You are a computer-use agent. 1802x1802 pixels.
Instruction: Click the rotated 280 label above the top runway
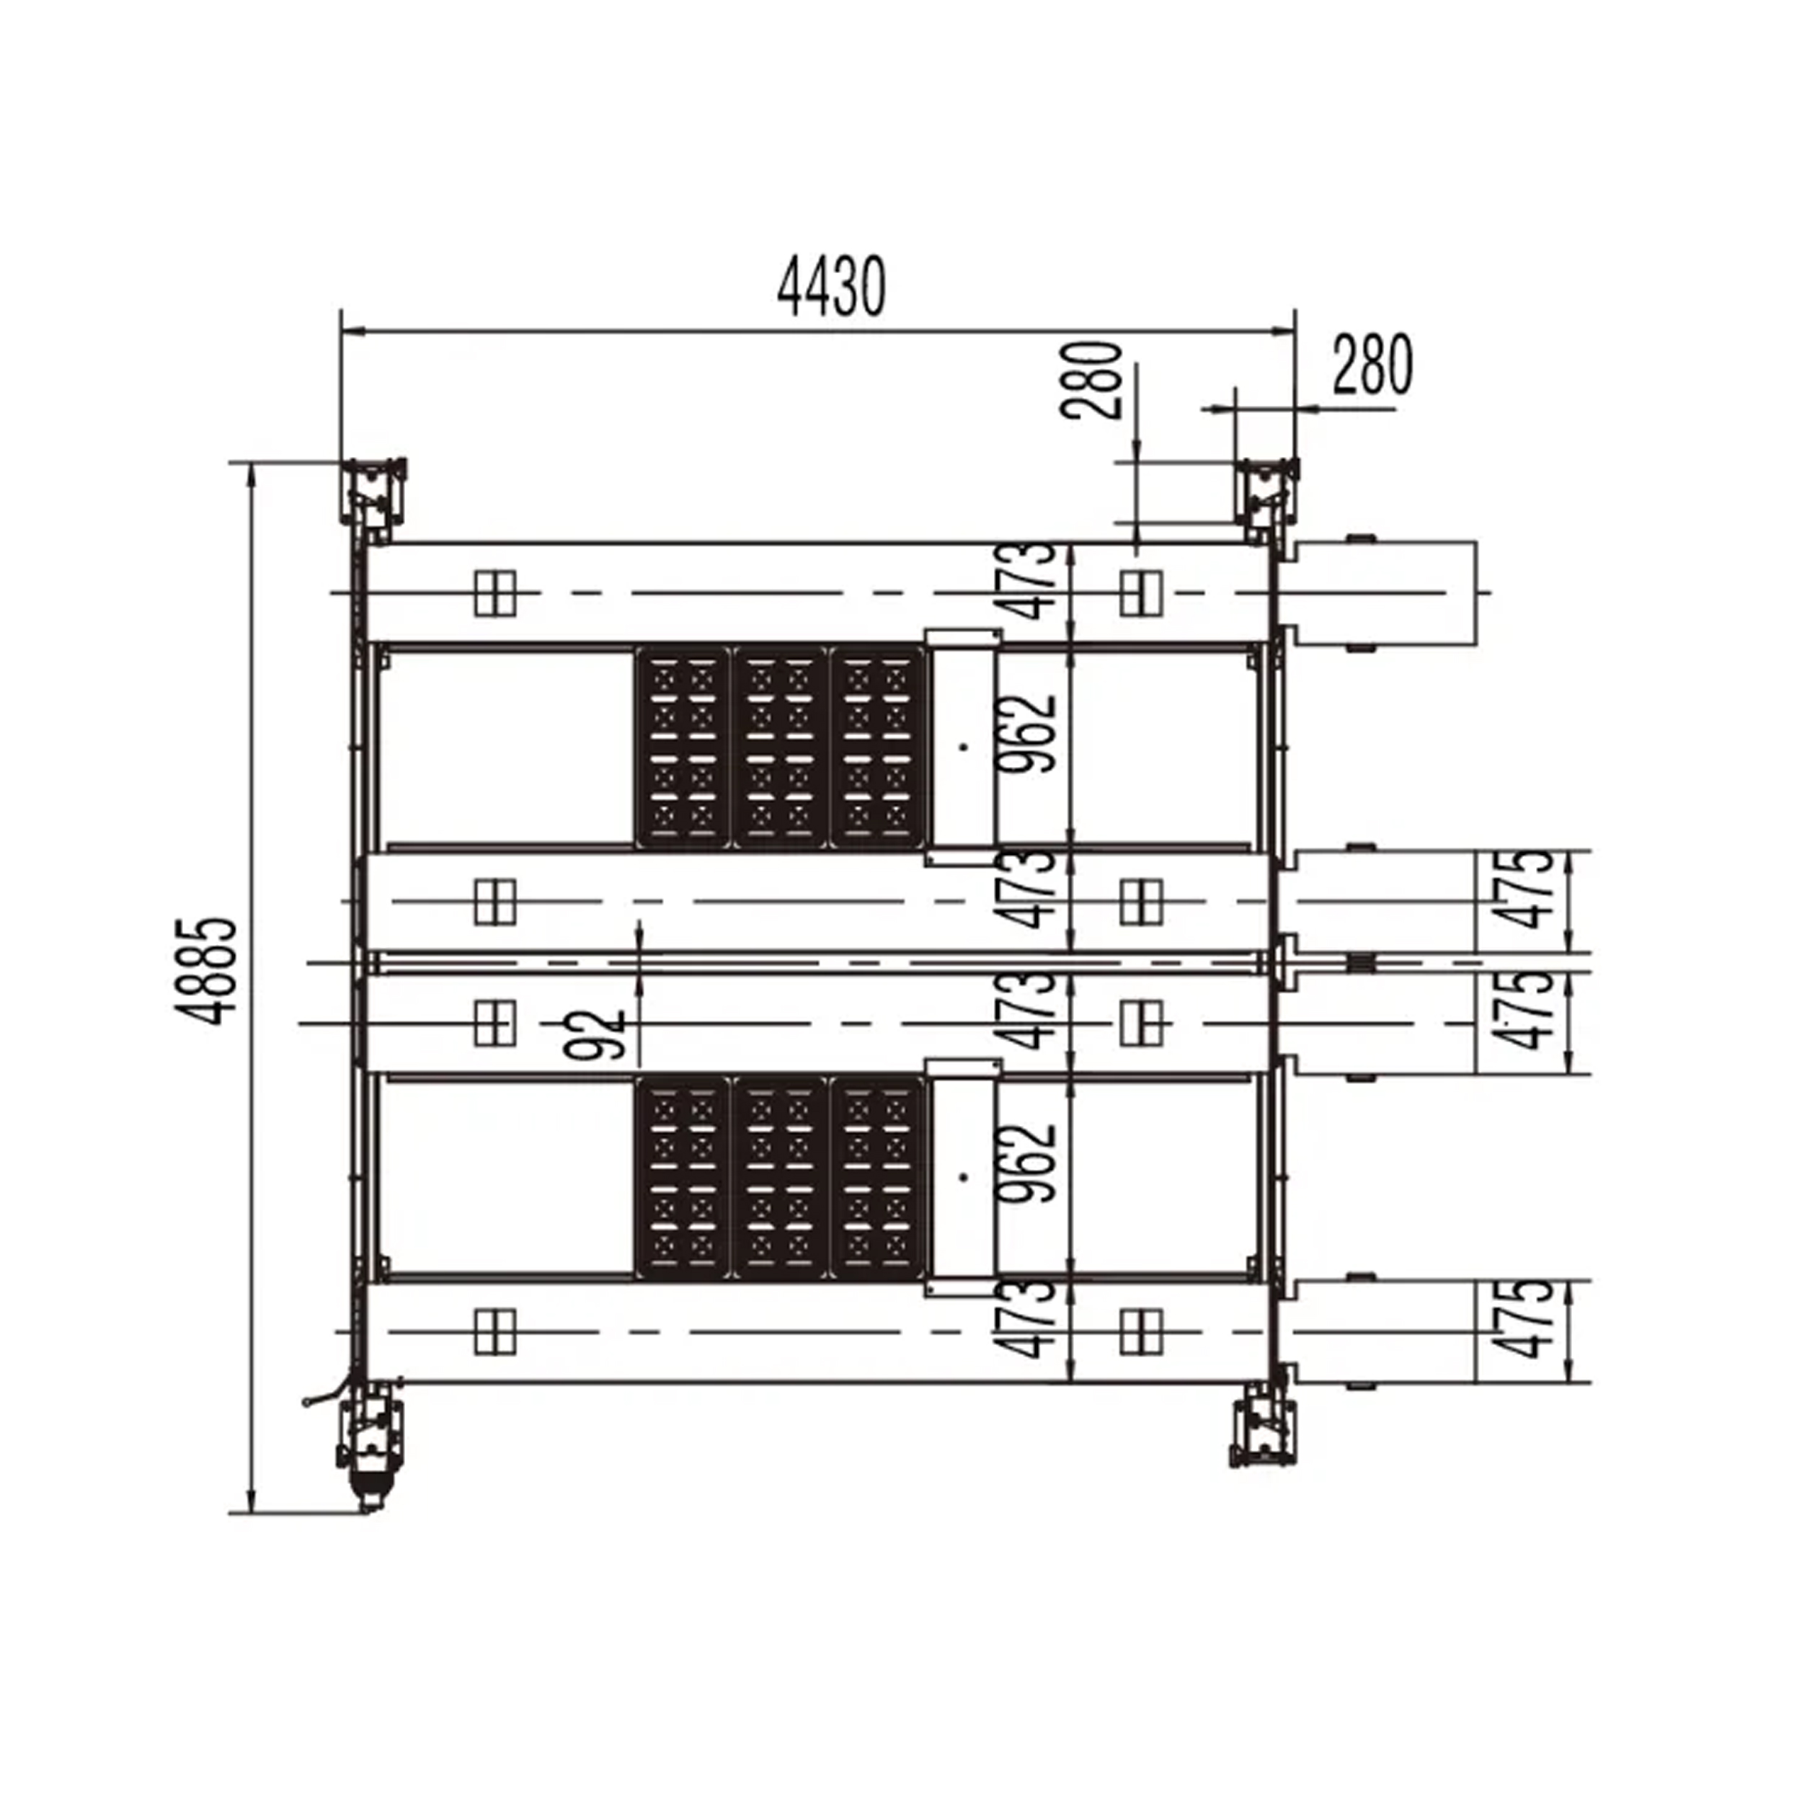[x=1091, y=380]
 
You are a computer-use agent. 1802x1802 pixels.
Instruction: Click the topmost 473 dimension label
[x=1025, y=581]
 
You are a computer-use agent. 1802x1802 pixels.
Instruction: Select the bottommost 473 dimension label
[x=1025, y=1319]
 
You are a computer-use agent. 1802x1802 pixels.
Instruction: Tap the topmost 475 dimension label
[x=1523, y=889]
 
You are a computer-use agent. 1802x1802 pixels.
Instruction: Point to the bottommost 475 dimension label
[x=1523, y=1319]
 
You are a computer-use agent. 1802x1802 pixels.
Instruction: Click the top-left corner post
[x=373, y=498]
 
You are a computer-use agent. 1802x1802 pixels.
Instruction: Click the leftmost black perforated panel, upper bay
[x=683, y=747]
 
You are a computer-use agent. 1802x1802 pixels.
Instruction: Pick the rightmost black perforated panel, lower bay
[x=879, y=1177]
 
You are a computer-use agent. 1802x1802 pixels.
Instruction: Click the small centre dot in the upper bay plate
[x=964, y=746]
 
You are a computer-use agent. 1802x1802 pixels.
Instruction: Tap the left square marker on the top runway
[x=494, y=593]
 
